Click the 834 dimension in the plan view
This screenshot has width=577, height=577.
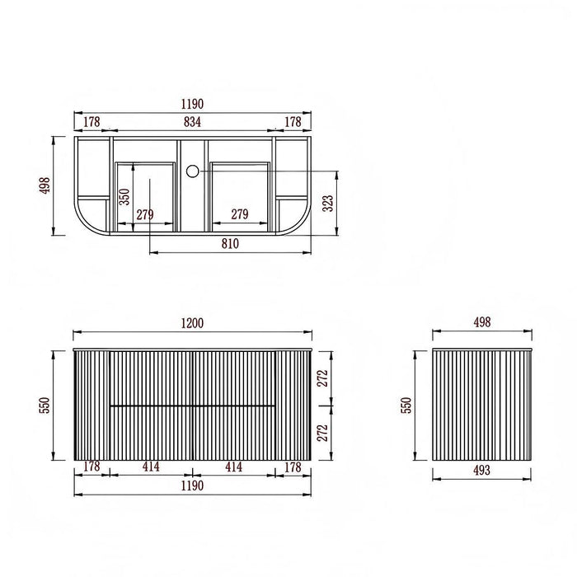pos(192,122)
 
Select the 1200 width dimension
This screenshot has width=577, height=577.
pos(192,323)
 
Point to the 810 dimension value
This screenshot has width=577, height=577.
pos(230,244)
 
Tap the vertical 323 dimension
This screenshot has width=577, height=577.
pos(327,204)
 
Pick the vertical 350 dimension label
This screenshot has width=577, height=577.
pos(124,196)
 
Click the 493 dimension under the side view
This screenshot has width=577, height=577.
pos(481,470)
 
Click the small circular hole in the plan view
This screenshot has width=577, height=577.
pos(192,171)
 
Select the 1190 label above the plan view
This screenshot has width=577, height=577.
pos(192,104)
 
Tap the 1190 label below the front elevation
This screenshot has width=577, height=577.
pos(192,486)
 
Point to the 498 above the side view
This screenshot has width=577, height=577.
pos(482,322)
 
